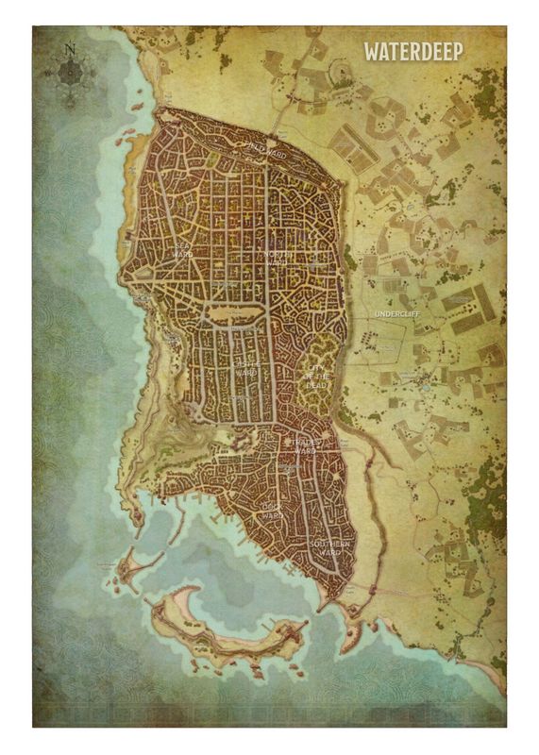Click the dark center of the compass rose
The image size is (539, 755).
pos(70,71)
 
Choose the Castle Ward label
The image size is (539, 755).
pos(245,368)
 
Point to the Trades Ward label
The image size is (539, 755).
pos(303,445)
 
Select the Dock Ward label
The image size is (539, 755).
pos(273,512)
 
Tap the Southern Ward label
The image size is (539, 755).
pos(331,547)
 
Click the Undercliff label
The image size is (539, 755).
pos(396,312)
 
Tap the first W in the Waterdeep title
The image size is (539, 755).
pos(370,51)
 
